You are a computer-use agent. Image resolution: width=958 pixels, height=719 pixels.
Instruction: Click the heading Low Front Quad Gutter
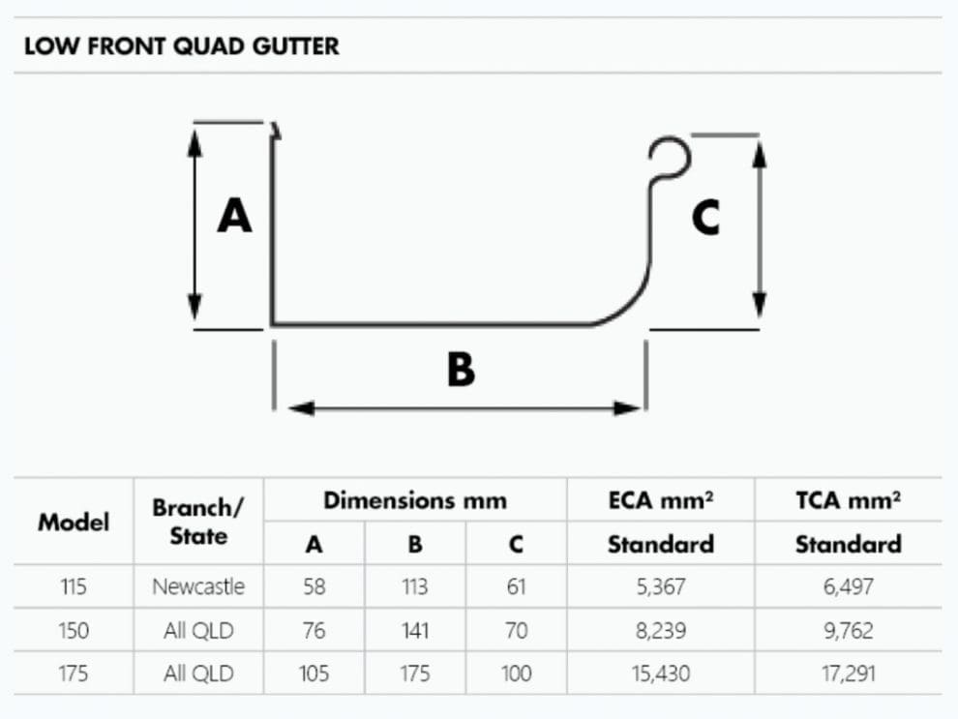coord(182,45)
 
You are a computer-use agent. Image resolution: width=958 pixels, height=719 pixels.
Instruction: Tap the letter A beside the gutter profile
coord(234,215)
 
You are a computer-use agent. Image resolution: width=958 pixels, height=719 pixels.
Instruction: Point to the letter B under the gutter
coord(461,369)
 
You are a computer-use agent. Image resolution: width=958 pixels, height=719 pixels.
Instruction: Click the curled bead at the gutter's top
coord(670,158)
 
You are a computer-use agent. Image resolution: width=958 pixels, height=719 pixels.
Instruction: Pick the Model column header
coord(74,522)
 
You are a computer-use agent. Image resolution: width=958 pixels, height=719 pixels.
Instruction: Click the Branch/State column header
coord(198,522)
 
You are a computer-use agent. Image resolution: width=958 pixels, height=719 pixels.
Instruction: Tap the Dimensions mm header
coord(414,500)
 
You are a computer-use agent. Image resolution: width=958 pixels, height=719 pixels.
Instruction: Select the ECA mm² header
coord(660,500)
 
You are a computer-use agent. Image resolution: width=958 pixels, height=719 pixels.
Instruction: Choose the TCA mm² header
coord(848,500)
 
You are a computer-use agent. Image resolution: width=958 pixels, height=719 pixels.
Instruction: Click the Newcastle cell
coord(198,586)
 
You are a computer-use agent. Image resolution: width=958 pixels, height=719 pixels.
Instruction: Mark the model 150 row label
coord(74,631)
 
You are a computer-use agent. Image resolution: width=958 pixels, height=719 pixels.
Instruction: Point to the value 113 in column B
coord(414,586)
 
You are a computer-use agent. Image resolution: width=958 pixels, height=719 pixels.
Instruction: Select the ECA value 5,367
coord(660,586)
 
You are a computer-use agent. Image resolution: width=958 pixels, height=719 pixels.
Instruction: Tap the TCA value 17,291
coord(848,674)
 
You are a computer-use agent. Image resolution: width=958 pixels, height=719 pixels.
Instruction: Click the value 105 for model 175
coord(314,674)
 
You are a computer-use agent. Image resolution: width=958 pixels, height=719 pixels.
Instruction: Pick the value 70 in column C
coord(516,631)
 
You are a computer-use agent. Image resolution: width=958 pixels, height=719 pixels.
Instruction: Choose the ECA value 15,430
coord(660,674)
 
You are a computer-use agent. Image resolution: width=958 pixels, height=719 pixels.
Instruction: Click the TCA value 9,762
coord(848,631)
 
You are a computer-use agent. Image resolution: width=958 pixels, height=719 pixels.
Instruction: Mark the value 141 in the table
coord(414,631)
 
